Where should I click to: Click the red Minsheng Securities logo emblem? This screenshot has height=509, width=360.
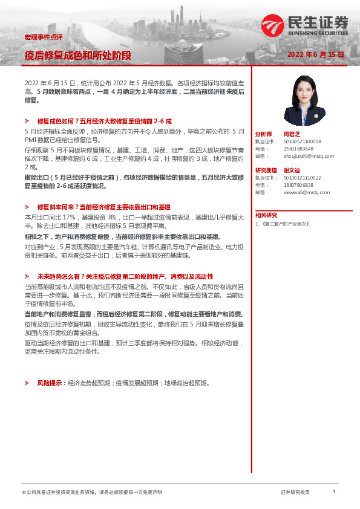(272, 25)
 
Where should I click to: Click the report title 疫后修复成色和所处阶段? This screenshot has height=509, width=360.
(77, 56)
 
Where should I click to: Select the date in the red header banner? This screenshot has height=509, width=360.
(315, 54)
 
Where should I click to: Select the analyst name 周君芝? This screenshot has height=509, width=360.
(292, 134)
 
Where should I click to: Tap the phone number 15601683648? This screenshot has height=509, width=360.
(297, 148)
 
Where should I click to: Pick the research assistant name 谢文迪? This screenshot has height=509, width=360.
(292, 170)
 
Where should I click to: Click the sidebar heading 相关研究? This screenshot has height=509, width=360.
(266, 215)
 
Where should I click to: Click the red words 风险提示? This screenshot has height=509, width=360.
(51, 383)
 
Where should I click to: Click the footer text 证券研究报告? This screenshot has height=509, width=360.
(295, 493)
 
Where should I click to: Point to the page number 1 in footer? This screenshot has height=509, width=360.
(334, 492)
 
